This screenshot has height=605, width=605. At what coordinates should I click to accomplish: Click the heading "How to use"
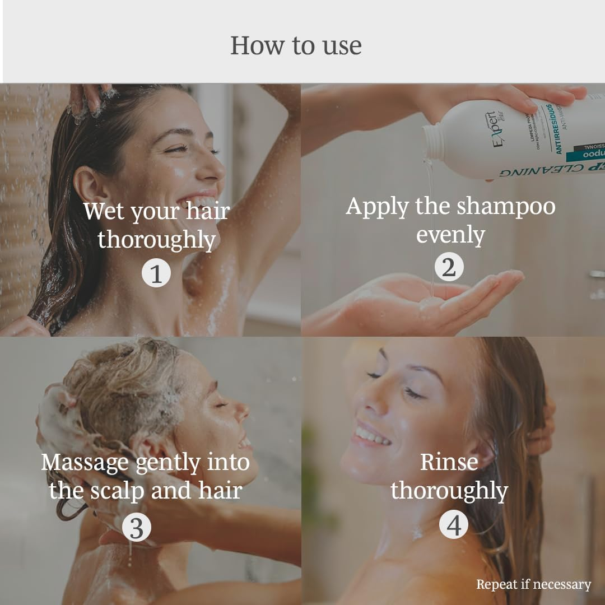(296, 45)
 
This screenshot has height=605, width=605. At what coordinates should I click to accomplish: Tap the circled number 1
(156, 274)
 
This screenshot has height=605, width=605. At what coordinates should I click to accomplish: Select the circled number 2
(449, 267)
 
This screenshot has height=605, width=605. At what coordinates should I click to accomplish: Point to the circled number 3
(136, 527)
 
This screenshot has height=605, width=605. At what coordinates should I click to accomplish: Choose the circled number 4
(453, 525)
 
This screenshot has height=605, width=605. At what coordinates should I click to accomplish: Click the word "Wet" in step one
(104, 212)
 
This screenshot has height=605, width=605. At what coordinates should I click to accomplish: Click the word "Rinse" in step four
(449, 462)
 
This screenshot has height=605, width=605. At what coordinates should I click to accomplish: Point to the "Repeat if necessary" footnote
(533, 584)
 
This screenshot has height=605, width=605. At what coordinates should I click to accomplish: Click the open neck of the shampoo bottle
(432, 142)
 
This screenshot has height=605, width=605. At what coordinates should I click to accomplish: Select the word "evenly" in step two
(450, 235)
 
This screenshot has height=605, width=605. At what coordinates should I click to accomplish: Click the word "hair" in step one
(207, 212)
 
